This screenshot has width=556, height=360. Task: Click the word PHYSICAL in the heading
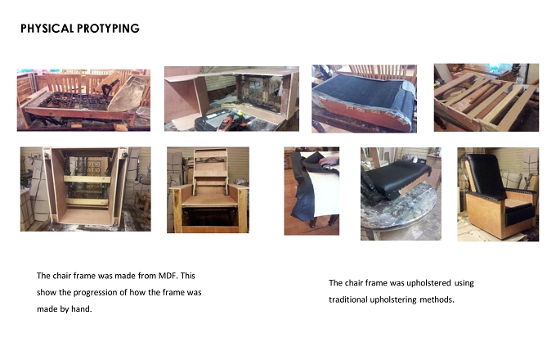click(x=47, y=29)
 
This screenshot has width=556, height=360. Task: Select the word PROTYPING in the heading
click(x=108, y=29)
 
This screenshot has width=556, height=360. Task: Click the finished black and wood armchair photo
click(x=498, y=195)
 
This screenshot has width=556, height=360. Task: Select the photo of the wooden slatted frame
click(x=486, y=97)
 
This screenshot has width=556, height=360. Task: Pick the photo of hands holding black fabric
click(x=312, y=191)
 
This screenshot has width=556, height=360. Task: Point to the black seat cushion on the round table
click(x=397, y=176)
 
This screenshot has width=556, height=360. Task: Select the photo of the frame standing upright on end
click(x=86, y=189)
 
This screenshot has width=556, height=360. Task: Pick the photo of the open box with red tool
click(x=231, y=99)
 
